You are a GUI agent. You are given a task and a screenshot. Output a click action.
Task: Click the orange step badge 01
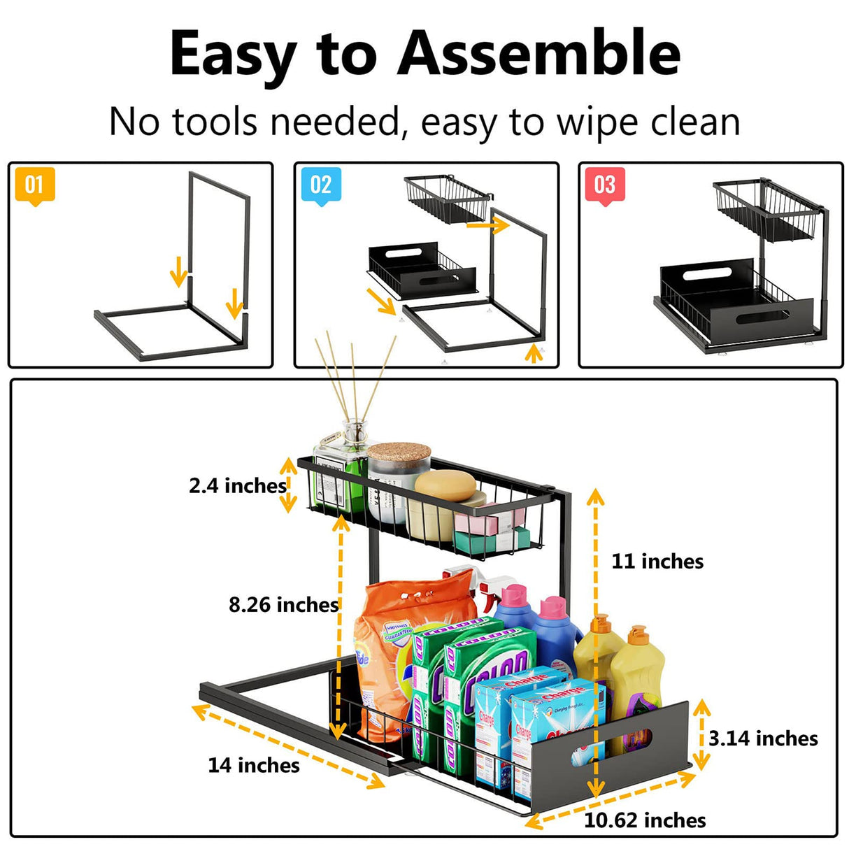[x=34, y=186]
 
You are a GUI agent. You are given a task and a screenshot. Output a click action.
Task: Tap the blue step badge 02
[x=320, y=186]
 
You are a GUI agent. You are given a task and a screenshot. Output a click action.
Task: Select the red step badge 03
[x=604, y=186]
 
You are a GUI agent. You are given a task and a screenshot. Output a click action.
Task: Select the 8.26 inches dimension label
[x=283, y=604]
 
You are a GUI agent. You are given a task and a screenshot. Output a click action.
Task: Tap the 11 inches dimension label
[x=657, y=561]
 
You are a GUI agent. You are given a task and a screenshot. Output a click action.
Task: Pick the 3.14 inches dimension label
[x=763, y=739]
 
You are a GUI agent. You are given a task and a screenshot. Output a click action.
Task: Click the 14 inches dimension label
[x=254, y=765]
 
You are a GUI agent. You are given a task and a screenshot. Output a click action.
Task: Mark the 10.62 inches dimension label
[x=645, y=820]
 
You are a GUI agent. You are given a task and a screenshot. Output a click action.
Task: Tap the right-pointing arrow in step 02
[x=487, y=225]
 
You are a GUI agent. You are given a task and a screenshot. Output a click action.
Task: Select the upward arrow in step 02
[x=534, y=353]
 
